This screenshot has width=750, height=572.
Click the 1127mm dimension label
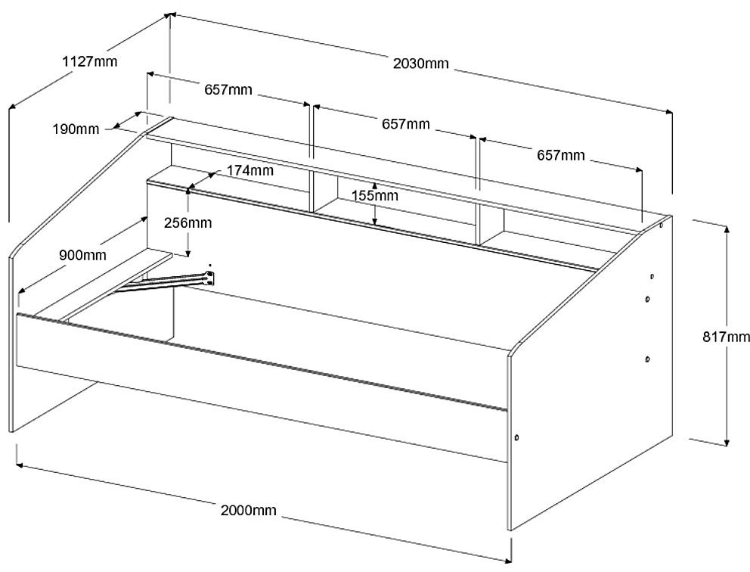click(x=90, y=61)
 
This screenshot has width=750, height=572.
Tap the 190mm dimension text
click(x=76, y=129)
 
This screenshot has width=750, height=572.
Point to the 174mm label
click(x=249, y=170)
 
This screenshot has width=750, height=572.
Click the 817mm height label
click(x=725, y=336)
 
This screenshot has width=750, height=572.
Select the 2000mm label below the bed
click(x=248, y=510)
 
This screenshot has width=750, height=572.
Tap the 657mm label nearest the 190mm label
click(x=228, y=90)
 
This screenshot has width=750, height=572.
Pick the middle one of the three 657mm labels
click(x=406, y=123)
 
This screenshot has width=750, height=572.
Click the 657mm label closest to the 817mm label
click(x=560, y=155)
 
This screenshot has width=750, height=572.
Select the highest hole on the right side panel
click(x=662, y=225)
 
